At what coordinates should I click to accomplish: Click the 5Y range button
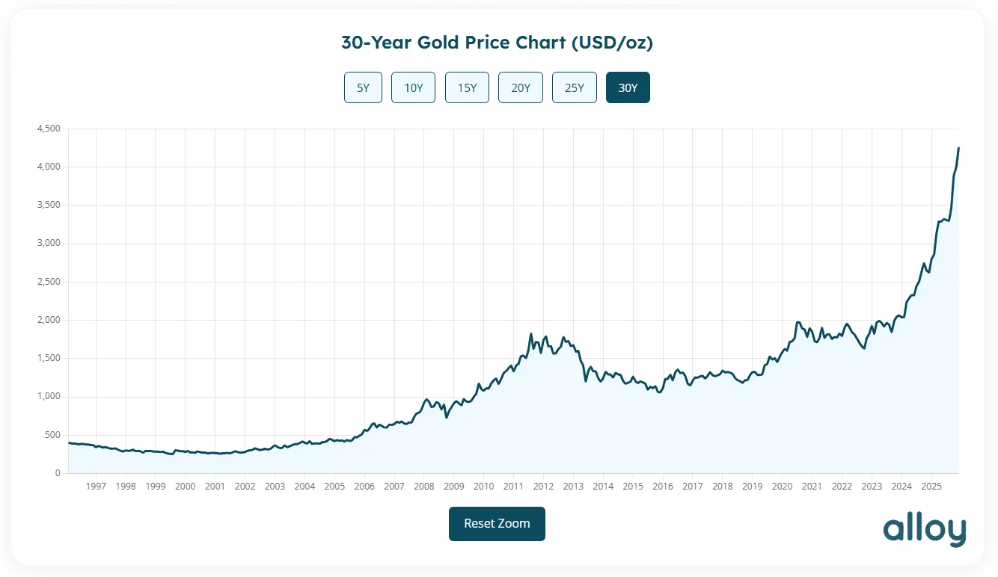(x=363, y=87)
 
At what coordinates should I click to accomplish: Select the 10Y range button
(x=413, y=87)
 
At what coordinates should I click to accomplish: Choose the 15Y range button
(x=467, y=87)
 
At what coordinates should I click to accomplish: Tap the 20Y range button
(x=521, y=87)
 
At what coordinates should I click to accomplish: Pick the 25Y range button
(x=574, y=87)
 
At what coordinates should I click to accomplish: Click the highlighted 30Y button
(x=628, y=87)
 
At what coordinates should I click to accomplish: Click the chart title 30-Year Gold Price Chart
(x=497, y=43)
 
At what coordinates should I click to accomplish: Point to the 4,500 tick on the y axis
(x=48, y=129)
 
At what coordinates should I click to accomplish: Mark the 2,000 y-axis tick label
(x=48, y=320)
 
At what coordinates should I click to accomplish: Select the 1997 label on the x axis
(x=96, y=487)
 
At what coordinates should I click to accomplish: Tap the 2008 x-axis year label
(x=423, y=487)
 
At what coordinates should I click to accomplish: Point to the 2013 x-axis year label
(x=573, y=487)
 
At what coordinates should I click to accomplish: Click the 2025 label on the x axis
(x=931, y=487)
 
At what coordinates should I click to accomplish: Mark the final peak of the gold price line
(x=958, y=148)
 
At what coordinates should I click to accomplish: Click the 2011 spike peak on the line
(x=531, y=334)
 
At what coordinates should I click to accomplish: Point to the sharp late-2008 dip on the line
(x=447, y=417)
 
